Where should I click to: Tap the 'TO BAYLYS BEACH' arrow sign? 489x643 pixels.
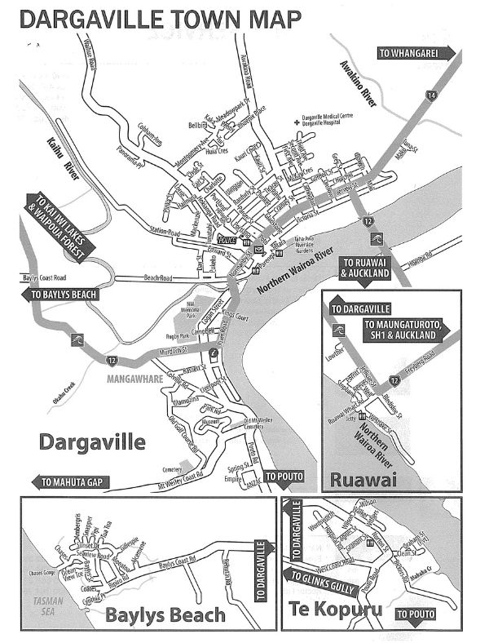pyautogui.click(x=64, y=295)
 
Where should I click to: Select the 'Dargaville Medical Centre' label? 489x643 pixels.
pyautogui.click(x=329, y=118)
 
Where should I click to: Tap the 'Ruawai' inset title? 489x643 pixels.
pyautogui.click(x=371, y=480)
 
